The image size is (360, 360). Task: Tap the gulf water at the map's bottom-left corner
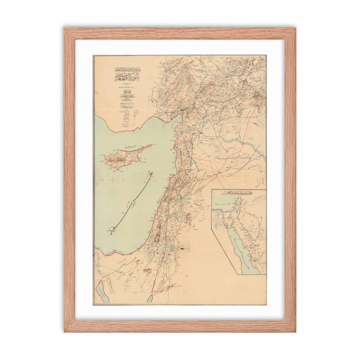pos(99,290)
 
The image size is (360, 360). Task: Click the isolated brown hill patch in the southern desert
pos(147,270)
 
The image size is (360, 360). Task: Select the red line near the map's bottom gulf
pos(167,287)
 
